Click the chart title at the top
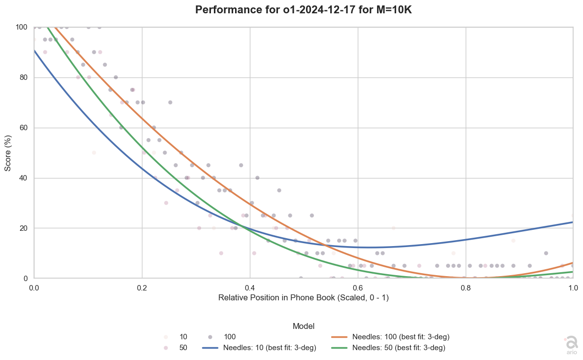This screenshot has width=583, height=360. pos(304,10)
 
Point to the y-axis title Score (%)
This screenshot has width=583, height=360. pos(8,153)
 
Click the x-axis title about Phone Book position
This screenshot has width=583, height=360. pos(304,298)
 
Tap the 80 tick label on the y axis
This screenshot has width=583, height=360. pos(23,78)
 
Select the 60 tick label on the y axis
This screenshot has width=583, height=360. pos(23,128)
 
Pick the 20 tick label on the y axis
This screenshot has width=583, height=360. pos(23,228)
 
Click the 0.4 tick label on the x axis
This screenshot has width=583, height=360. pos(250,288)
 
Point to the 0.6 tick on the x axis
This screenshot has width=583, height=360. pos(358,288)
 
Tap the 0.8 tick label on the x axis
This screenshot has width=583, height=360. pos(466,288)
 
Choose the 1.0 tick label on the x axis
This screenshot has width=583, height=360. pos(573,288)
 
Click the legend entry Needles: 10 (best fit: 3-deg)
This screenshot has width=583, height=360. pos(259,348)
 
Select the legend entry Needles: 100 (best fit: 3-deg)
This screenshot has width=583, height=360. pos(390,337)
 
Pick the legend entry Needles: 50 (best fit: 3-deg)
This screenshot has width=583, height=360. pos(388,348)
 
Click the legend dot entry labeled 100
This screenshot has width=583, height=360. pos(222,337)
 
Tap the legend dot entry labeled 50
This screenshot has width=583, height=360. pos(176,348)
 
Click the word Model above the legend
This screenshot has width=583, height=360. pos(304,326)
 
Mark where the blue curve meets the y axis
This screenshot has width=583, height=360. pos(34,51)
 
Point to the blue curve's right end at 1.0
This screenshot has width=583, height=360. pos(573,222)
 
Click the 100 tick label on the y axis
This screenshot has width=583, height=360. pos(21,27)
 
